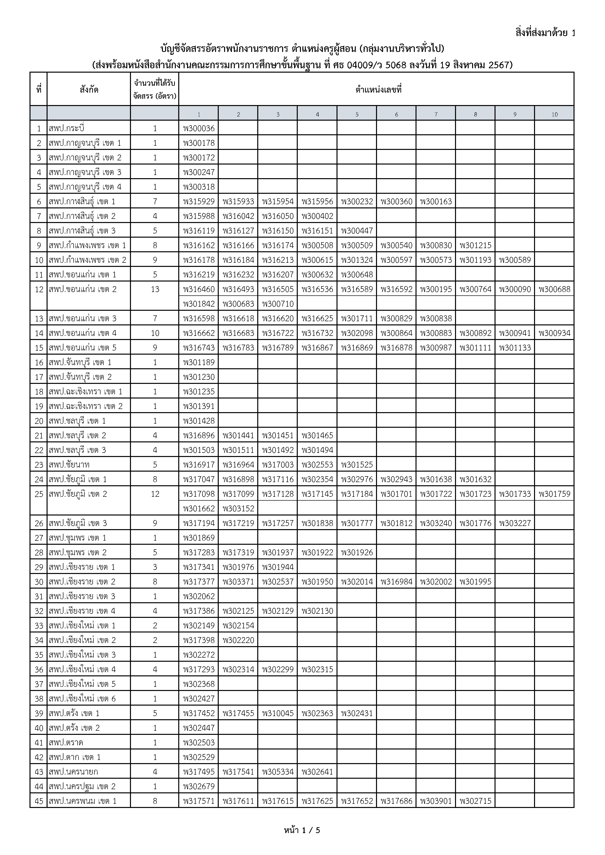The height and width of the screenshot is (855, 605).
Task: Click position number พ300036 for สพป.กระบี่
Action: tap(199, 128)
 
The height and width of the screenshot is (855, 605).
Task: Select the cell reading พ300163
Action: tap(436, 202)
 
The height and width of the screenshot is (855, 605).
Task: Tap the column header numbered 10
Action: tap(554, 114)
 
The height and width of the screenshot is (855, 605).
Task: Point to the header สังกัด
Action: tap(89, 89)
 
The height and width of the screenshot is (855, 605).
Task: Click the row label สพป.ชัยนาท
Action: tap(69, 465)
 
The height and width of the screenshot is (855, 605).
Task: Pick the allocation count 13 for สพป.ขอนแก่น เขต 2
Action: tap(155, 289)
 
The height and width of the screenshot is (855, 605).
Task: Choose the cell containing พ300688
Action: tap(554, 289)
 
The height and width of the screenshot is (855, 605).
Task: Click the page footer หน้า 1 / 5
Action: tap(302, 830)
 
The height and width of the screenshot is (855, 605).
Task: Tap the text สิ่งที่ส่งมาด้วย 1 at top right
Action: tap(545, 33)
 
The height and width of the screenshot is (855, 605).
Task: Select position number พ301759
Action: tap(554, 494)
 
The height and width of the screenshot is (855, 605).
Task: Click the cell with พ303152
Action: tap(238, 509)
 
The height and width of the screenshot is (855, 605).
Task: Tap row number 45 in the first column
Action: tap(39, 801)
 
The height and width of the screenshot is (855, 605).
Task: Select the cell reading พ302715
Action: tap(475, 801)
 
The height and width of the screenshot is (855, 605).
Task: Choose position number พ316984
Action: tap(396, 582)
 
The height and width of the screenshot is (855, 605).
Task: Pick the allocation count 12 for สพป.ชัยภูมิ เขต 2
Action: tap(155, 494)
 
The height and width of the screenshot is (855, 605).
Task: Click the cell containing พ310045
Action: tap(278, 713)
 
